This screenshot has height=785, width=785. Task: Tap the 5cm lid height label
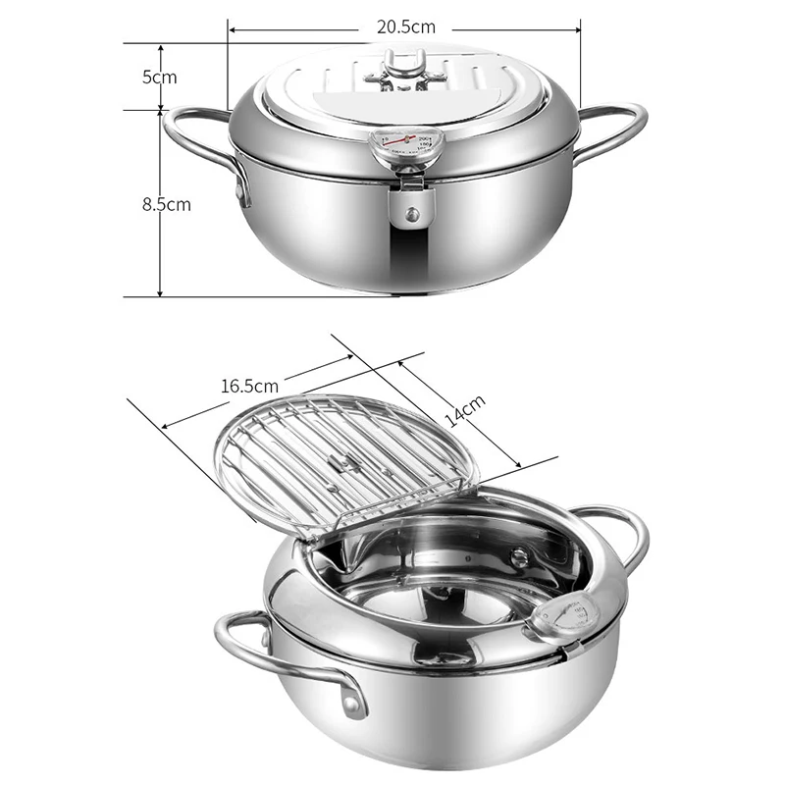pyautogui.click(x=158, y=77)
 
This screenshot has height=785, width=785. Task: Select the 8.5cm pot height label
pyautogui.click(x=164, y=204)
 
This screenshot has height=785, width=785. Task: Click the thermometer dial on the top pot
pyautogui.click(x=406, y=147)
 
